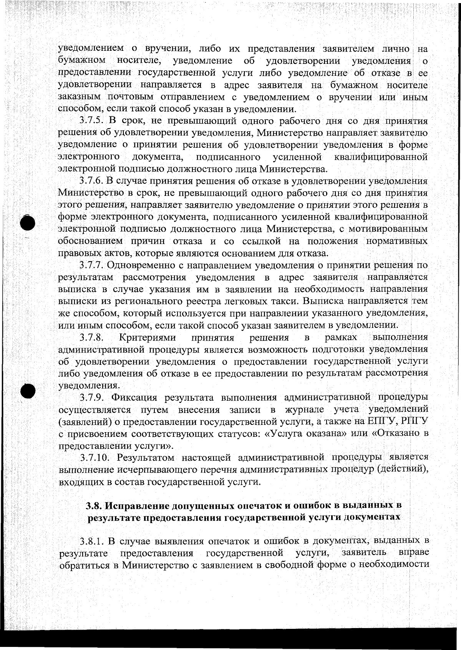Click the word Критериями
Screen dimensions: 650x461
coord(148,338)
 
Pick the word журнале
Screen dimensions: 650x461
coord(305,409)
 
